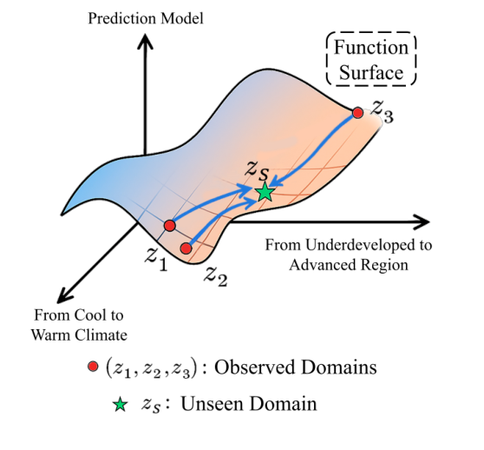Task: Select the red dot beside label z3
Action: point(357,112)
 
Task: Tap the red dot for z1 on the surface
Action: point(170,226)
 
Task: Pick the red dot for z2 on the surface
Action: point(186,248)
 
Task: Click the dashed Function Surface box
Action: point(370,60)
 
